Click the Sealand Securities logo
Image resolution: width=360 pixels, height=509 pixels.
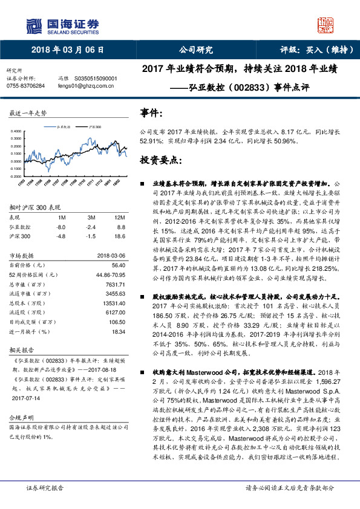pos(61,25)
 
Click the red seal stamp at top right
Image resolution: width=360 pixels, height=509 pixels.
pos(326,25)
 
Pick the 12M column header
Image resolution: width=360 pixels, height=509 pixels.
pos(119,217)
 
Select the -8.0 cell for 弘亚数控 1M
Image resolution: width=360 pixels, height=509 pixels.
pos(61,226)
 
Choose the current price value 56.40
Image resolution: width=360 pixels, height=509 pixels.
pos(118,265)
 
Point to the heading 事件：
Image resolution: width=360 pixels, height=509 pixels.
pos(149,112)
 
